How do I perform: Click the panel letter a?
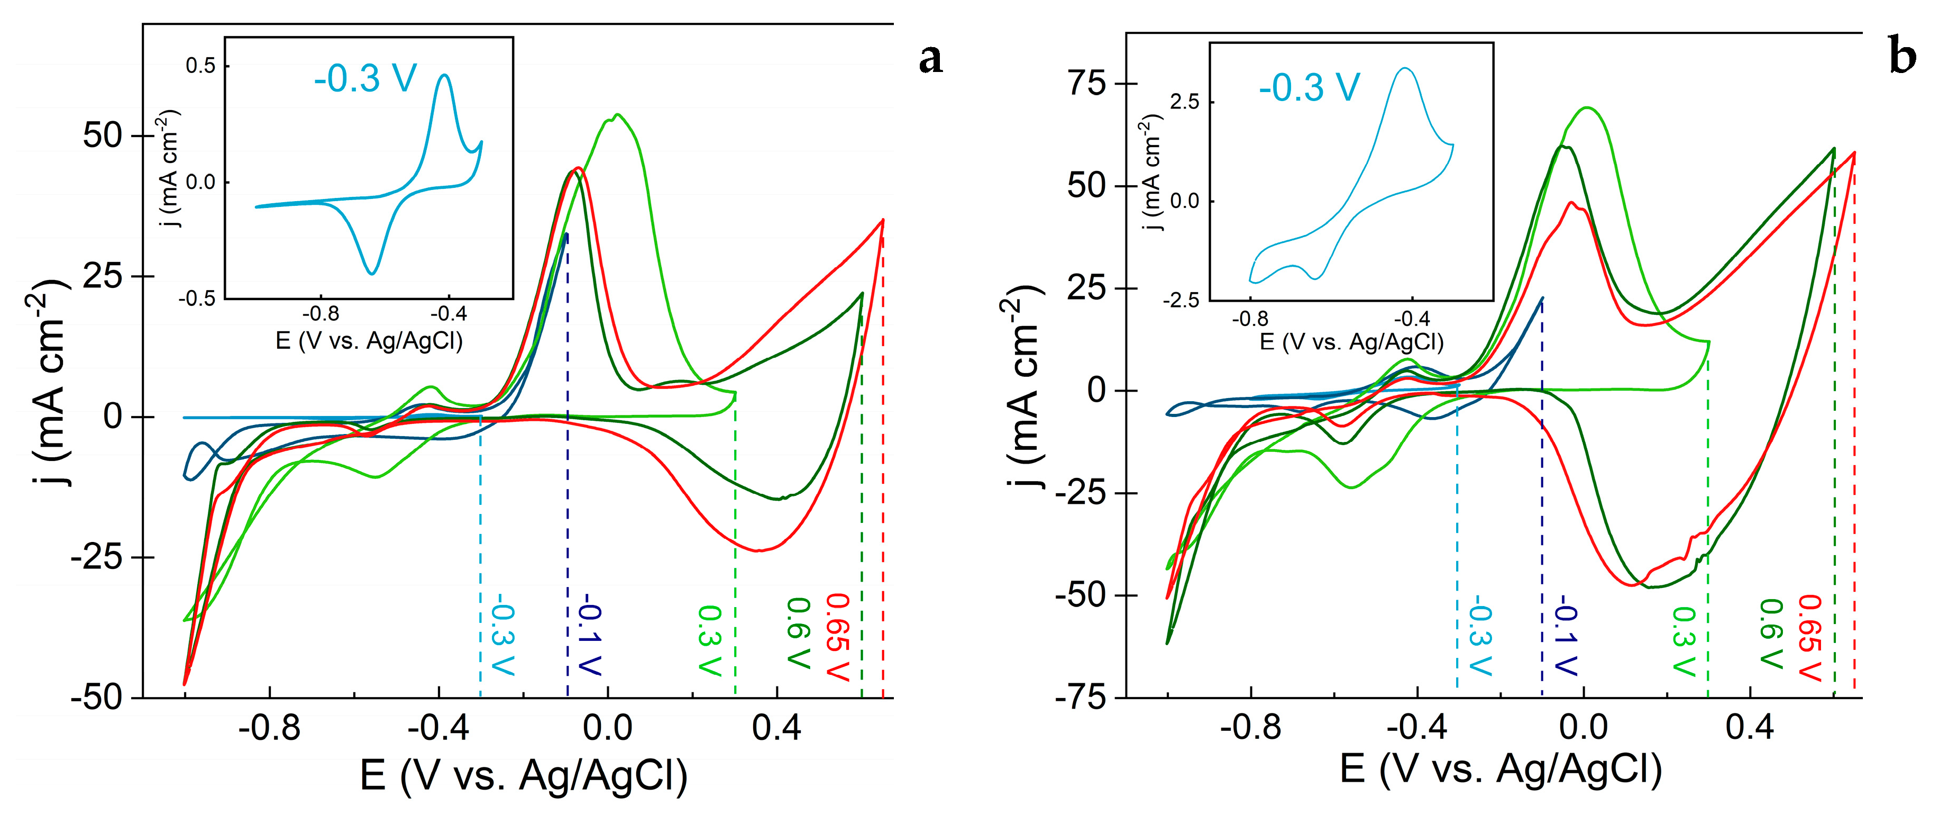(930, 59)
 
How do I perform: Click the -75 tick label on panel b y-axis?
(1081, 698)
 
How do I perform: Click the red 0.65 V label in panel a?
(838, 636)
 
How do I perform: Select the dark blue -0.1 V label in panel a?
(590, 636)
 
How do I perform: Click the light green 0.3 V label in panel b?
(1684, 640)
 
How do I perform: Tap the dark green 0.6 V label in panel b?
(1771, 634)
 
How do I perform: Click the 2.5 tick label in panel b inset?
(1185, 102)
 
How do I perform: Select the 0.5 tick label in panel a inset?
(200, 66)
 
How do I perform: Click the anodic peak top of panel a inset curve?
(444, 75)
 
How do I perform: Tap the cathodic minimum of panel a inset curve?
(371, 273)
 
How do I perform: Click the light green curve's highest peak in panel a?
(617, 115)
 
